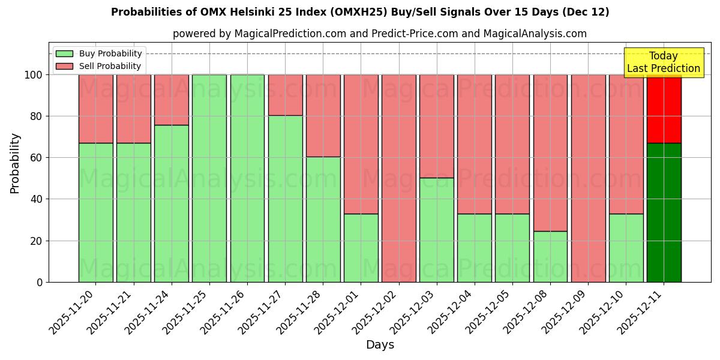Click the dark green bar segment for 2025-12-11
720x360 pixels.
(x=664, y=212)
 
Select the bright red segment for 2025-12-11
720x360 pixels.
(x=664, y=109)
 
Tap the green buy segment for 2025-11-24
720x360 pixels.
(x=172, y=203)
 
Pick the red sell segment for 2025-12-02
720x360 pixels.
(x=398, y=178)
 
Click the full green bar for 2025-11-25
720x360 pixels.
(x=209, y=178)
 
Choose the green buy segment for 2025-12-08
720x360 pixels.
(x=550, y=256)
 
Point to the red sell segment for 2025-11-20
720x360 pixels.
(x=96, y=109)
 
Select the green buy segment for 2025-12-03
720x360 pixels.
(x=436, y=230)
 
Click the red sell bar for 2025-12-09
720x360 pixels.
(x=588, y=178)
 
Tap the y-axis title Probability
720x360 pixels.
(x=15, y=163)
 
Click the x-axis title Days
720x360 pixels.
(x=380, y=345)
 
